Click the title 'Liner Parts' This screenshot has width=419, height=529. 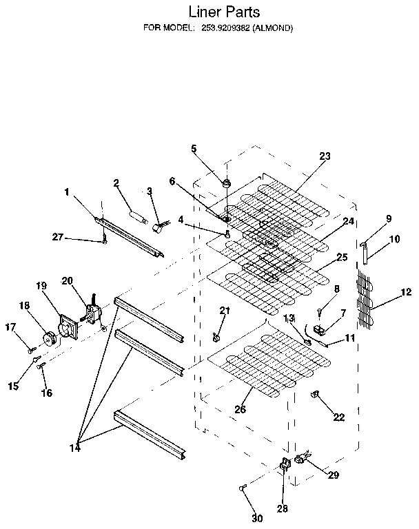[x=224, y=12]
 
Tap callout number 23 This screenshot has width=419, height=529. [x=325, y=156]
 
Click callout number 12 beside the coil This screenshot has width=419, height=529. [x=405, y=292]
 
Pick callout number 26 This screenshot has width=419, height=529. [x=240, y=409]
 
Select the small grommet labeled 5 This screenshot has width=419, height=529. [x=226, y=183]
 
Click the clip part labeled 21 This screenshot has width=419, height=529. [x=216, y=337]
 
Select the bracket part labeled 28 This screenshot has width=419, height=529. [x=283, y=466]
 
